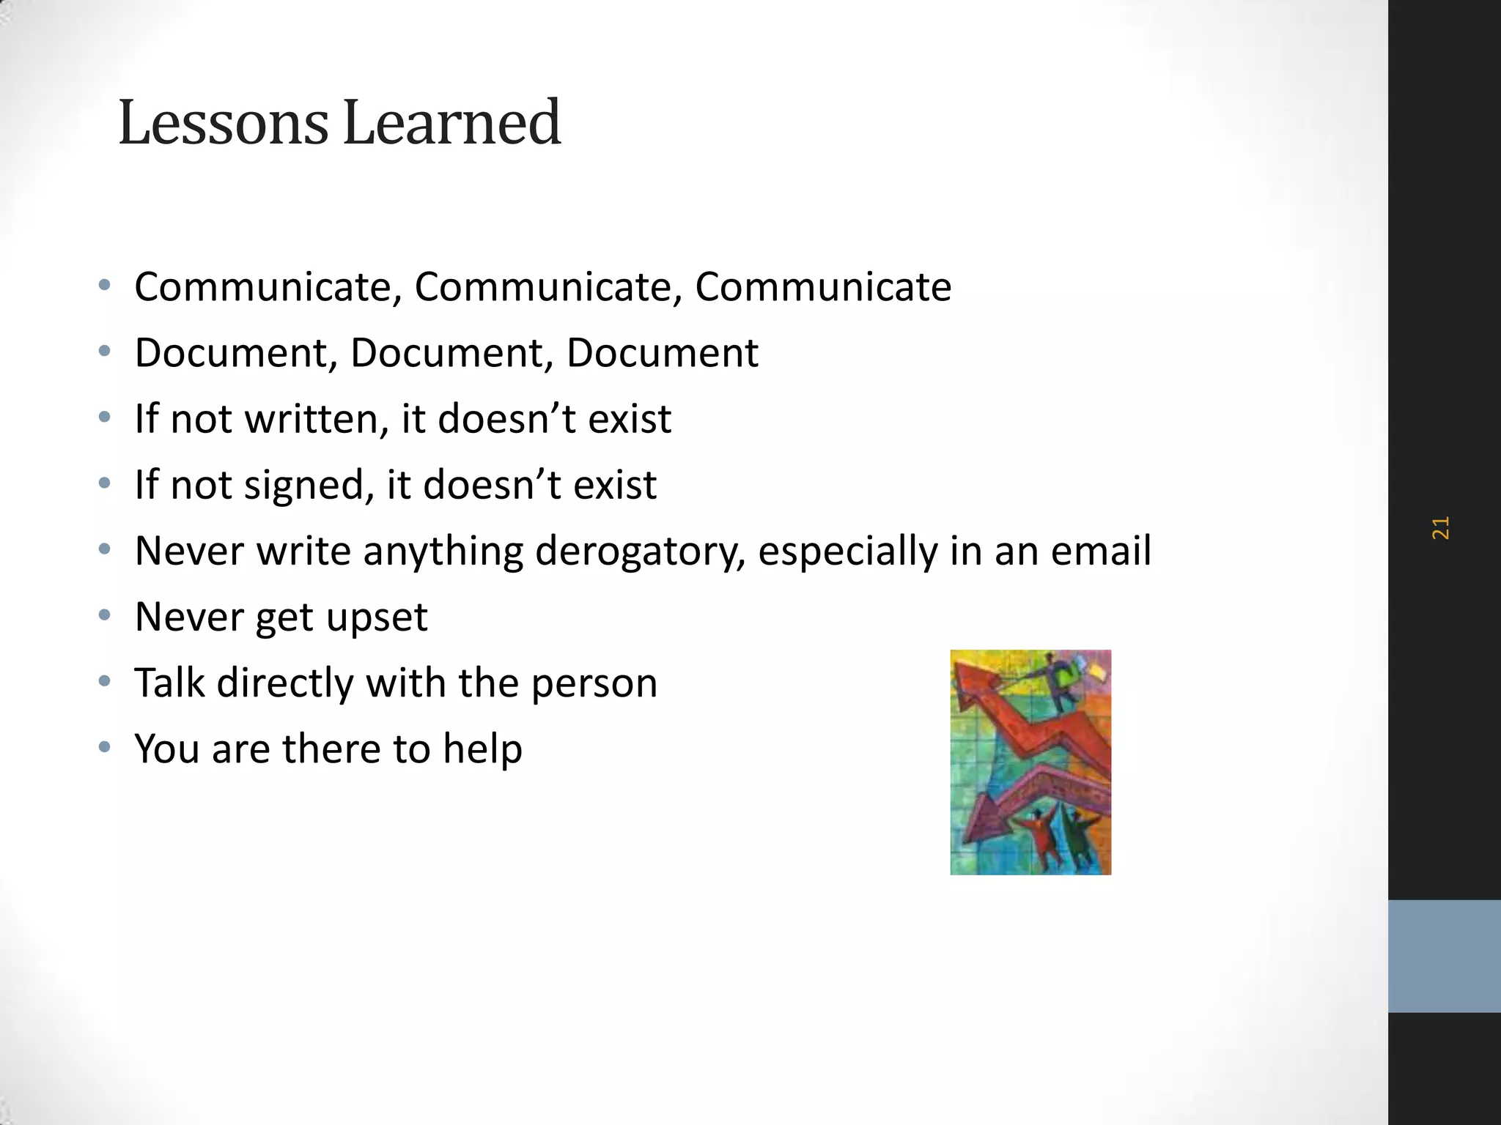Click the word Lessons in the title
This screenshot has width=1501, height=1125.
(223, 123)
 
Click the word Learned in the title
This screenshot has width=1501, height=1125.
(451, 123)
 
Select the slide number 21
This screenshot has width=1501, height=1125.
(1440, 528)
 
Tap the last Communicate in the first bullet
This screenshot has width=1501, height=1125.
(822, 286)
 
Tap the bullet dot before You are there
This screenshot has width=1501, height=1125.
(105, 747)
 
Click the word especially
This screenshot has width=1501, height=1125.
(847, 551)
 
